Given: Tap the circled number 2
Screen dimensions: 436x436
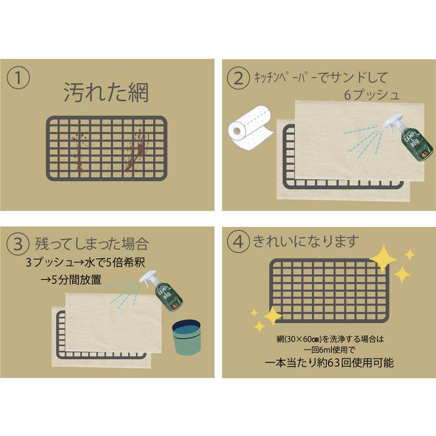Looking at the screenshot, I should pos(239,78).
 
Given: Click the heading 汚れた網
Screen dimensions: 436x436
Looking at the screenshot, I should pos(106,92).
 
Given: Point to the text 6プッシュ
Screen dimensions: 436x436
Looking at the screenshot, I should pos(371,95).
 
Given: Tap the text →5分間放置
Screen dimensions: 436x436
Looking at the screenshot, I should pos(71,280).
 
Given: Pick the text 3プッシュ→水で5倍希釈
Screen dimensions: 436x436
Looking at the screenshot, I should pos(82,264).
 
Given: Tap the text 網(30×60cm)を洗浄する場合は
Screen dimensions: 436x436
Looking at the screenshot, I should pos(329,338).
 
